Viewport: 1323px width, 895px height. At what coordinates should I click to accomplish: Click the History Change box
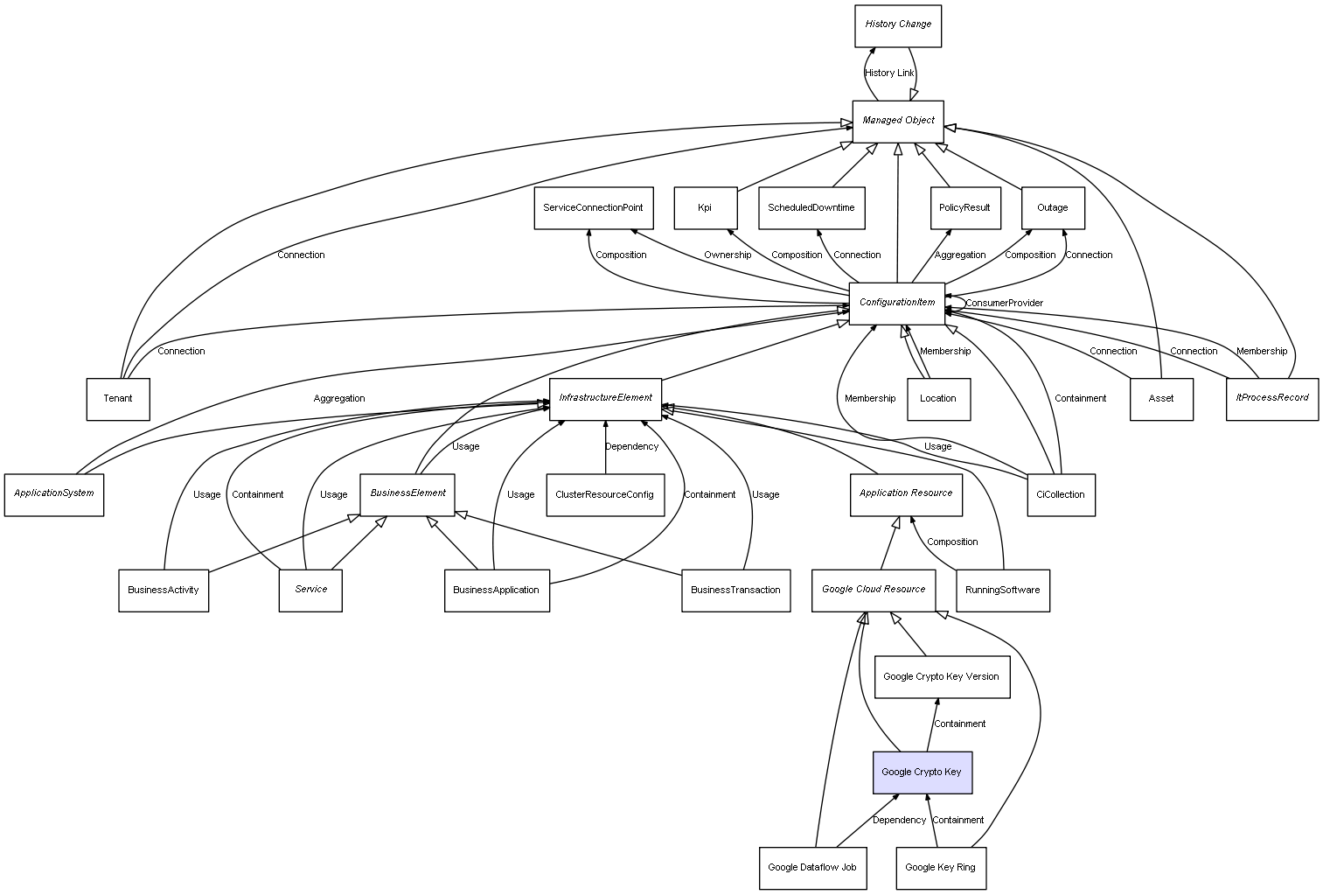coord(898,25)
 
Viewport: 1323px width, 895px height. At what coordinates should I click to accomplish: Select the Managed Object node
coord(898,121)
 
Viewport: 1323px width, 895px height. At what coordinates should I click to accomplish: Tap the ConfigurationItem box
coord(897,303)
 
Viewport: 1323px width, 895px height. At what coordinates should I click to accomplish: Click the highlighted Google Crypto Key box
coord(922,773)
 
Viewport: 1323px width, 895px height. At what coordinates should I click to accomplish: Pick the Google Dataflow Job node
coord(812,868)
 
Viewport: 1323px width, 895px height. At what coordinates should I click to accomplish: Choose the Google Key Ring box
coord(941,868)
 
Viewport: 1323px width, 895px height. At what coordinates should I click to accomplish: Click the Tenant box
coord(118,399)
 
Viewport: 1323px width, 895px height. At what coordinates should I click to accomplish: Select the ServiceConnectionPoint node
coord(593,208)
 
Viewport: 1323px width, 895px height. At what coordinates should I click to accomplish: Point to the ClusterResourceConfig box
coord(604,495)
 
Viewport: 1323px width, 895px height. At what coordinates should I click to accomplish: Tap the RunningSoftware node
coord(1003,591)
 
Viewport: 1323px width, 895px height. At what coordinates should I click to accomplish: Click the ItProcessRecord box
coord(1271,399)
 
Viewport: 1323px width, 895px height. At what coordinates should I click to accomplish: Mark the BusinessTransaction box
coord(735,591)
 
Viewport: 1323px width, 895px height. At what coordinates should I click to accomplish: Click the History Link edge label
coord(889,73)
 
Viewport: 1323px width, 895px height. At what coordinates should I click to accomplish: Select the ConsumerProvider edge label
coord(1004,304)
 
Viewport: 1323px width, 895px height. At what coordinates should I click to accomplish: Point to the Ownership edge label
coord(728,255)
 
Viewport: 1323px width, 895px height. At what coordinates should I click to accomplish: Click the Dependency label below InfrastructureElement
coord(631,447)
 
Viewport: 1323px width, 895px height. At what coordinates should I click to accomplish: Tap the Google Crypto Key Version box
coord(942,677)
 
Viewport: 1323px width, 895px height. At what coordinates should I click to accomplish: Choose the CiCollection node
coord(1061,495)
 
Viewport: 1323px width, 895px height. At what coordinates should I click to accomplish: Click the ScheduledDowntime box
coord(811,208)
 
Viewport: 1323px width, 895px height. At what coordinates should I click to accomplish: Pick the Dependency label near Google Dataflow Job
coord(899,821)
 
